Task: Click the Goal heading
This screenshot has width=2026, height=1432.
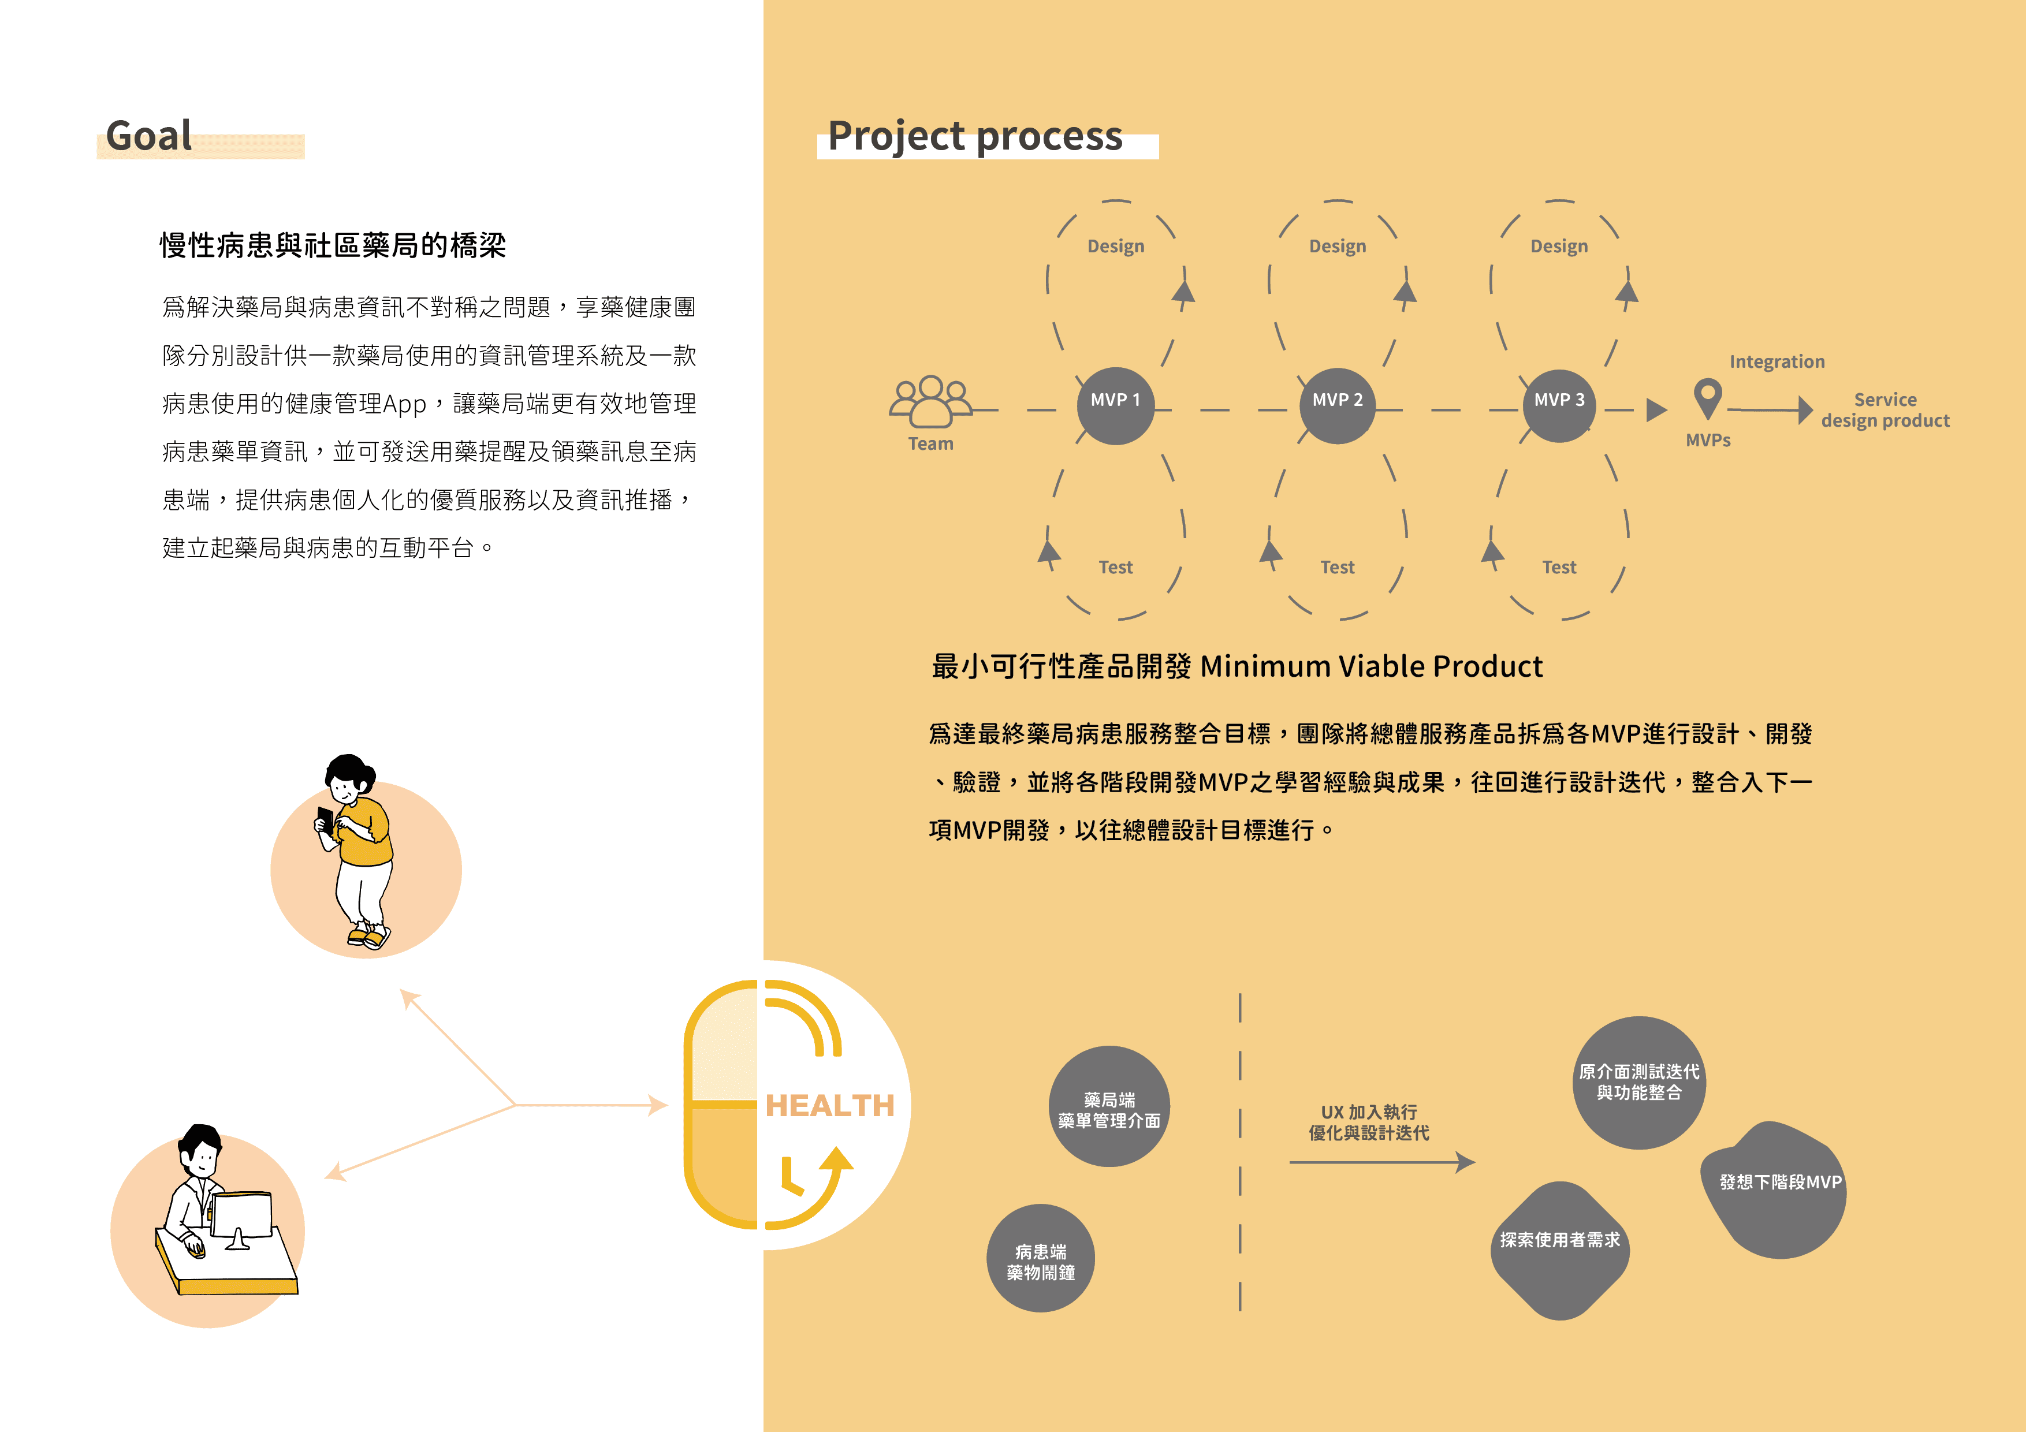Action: pos(149,137)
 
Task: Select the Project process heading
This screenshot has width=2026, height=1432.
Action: pos(974,137)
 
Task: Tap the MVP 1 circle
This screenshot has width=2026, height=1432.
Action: pos(1115,405)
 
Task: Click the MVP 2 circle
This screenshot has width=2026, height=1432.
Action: pos(1337,405)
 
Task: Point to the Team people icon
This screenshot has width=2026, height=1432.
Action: pos(930,401)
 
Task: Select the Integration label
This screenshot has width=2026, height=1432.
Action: pos(1777,361)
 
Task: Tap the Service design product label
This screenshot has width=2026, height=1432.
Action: pos(1885,411)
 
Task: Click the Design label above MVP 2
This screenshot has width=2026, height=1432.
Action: pos(1337,246)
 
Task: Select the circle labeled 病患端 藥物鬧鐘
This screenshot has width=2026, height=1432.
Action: pos(1040,1259)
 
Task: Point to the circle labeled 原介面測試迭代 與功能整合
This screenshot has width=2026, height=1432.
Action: pos(1638,1083)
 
